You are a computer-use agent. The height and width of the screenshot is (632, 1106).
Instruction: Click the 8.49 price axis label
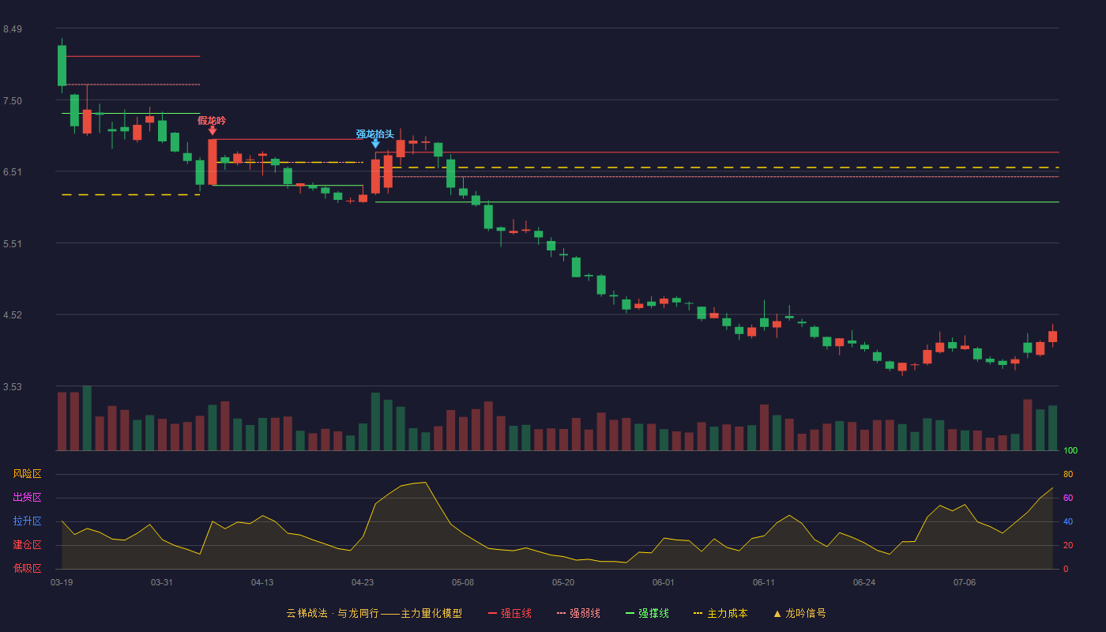13,29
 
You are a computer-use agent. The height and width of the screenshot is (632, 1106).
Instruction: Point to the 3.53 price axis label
13,386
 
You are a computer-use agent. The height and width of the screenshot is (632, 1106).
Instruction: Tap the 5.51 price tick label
13,244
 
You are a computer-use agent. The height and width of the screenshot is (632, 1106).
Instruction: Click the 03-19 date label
62,583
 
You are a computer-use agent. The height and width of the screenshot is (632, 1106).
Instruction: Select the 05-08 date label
463,583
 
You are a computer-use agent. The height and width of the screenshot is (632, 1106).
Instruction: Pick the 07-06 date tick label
965,583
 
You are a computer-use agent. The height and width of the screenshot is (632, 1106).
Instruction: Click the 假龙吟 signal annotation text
212,120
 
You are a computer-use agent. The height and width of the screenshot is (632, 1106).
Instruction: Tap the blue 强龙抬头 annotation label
375,134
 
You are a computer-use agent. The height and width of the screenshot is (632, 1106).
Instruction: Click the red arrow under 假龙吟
213,131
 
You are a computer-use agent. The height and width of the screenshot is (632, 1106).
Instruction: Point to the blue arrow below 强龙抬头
376,144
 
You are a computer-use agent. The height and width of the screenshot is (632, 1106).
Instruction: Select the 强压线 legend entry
510,613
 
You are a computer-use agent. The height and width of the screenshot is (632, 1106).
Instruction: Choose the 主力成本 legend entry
720,613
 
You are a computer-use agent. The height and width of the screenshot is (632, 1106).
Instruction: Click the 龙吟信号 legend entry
799,613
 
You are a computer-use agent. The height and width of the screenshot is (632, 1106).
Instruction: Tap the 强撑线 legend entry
647,613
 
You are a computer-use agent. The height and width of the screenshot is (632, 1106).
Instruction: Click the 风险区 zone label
27,474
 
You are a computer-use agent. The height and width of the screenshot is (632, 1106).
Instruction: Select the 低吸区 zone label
27,569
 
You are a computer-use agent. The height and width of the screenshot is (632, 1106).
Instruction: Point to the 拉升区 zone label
27,521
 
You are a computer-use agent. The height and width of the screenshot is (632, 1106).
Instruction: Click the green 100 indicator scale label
1070,450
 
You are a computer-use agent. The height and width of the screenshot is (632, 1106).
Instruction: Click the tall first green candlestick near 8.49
62,66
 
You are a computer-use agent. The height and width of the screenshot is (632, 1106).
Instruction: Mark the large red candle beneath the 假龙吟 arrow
213,162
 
